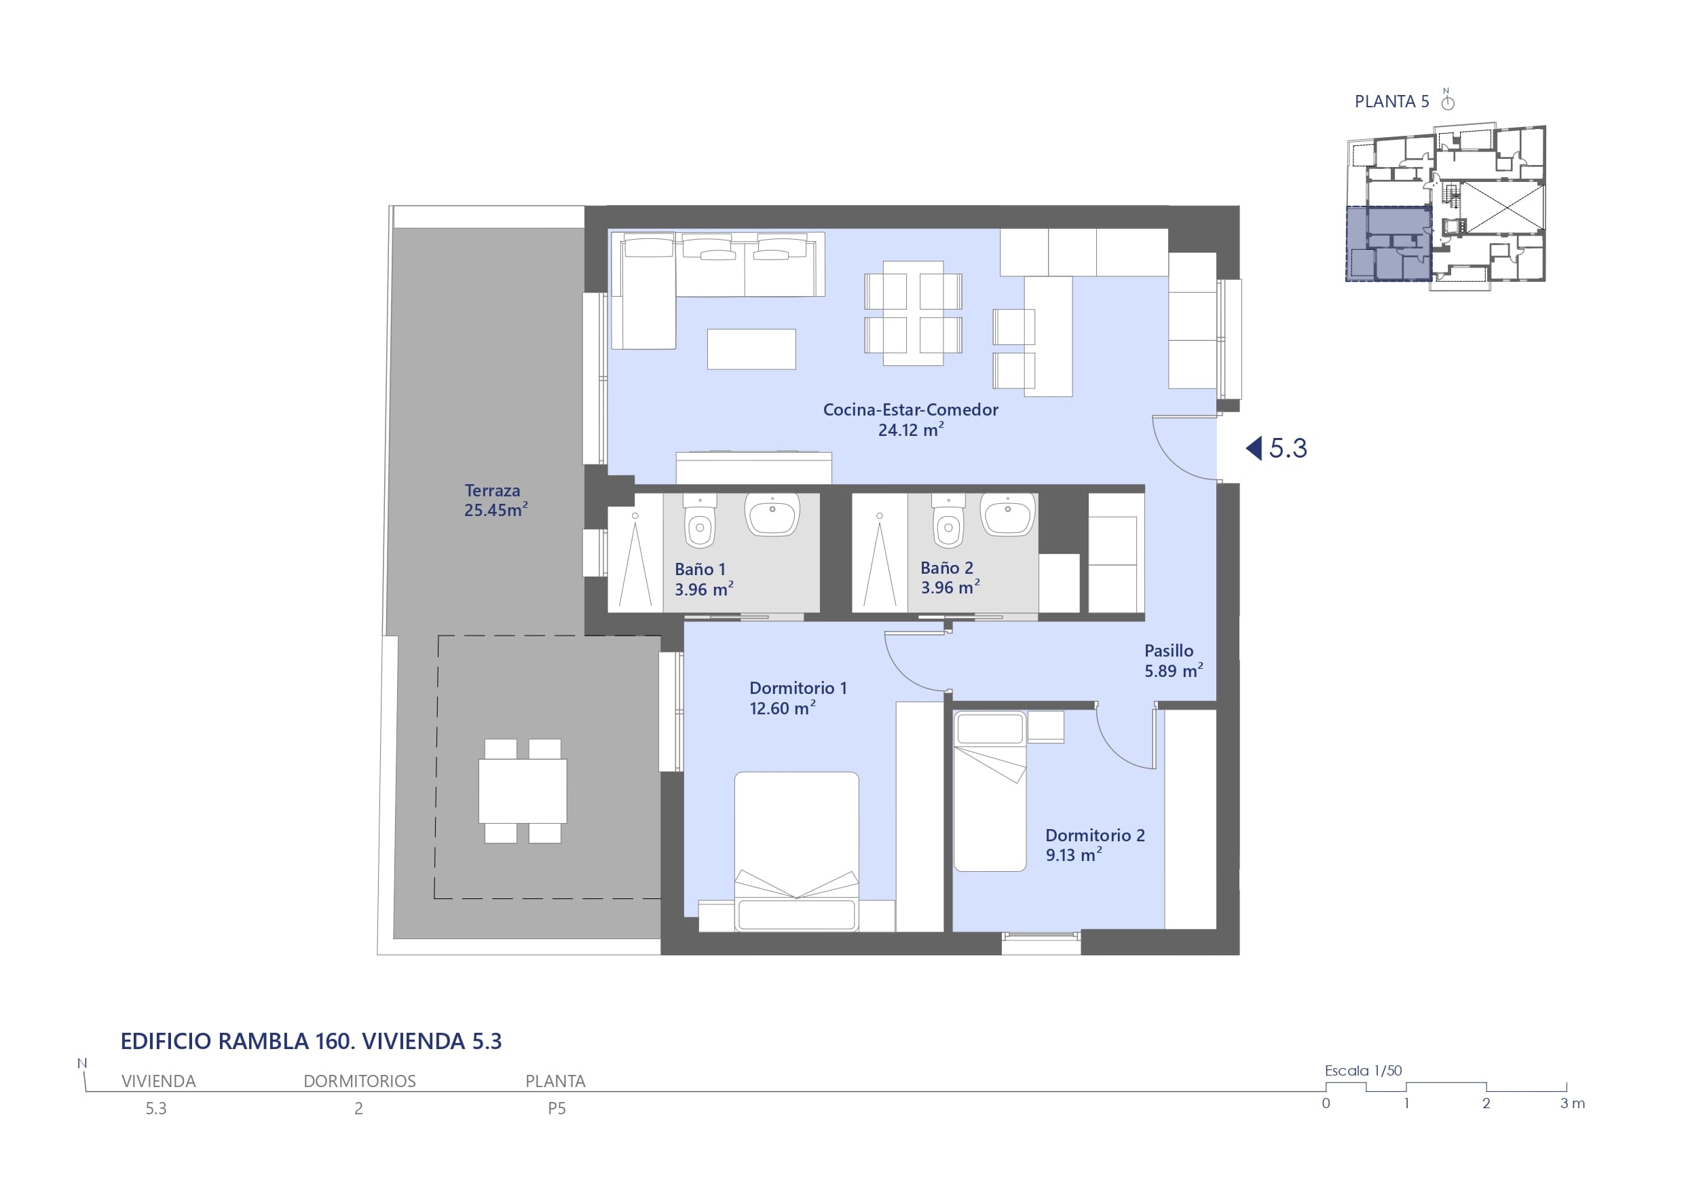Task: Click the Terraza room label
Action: tap(492, 490)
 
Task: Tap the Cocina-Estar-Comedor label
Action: tap(910, 409)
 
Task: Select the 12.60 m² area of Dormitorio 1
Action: tap(782, 708)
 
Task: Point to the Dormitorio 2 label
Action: tap(1095, 835)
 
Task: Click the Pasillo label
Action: tap(1168, 651)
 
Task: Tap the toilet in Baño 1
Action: tap(700, 520)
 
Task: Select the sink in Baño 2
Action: tap(1008, 514)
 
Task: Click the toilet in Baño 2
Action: tap(948, 520)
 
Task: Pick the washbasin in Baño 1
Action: tap(772, 514)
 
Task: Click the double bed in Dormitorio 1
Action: tap(797, 851)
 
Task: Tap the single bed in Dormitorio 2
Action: tap(990, 791)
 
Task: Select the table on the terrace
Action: tap(522, 791)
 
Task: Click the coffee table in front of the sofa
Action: tap(751, 348)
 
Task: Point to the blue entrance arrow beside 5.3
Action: tap(1254, 447)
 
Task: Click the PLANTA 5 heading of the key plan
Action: tap(1391, 101)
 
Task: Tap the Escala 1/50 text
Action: tap(1363, 1071)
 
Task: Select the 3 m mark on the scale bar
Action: tap(1573, 1103)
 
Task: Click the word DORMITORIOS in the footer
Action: tap(359, 1081)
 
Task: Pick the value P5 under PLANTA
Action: tap(557, 1108)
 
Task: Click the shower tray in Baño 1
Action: tap(635, 553)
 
